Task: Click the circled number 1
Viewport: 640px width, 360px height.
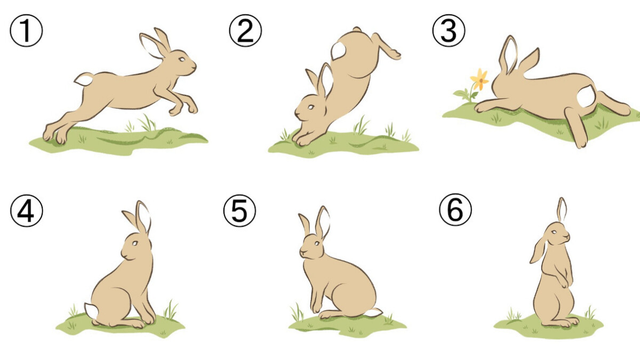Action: [26, 30]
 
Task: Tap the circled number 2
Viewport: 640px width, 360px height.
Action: [245, 30]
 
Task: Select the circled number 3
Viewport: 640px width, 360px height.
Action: [449, 30]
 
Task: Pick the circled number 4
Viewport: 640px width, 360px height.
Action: [27, 211]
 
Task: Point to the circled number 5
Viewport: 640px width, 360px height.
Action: [239, 211]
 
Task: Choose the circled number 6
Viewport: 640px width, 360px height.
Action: [455, 210]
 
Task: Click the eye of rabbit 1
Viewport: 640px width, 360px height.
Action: [182, 59]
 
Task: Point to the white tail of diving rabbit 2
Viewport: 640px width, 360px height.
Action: [339, 51]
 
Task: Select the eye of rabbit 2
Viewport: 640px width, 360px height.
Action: [311, 107]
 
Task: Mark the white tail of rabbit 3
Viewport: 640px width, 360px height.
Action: [586, 97]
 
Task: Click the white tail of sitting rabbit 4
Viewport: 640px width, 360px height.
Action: [91, 311]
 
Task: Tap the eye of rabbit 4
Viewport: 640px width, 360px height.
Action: [135, 243]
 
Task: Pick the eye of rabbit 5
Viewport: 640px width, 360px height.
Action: [317, 243]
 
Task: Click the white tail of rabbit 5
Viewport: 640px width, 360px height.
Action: [373, 313]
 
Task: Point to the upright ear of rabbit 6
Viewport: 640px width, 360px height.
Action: [562, 210]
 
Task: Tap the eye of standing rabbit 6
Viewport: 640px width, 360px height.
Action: [554, 232]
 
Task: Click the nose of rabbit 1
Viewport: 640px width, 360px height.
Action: [195, 66]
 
